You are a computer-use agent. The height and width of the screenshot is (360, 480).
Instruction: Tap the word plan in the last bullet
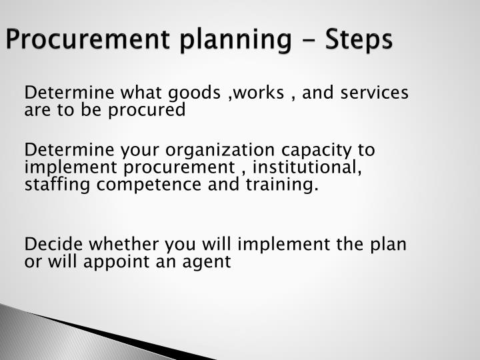(x=387, y=244)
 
